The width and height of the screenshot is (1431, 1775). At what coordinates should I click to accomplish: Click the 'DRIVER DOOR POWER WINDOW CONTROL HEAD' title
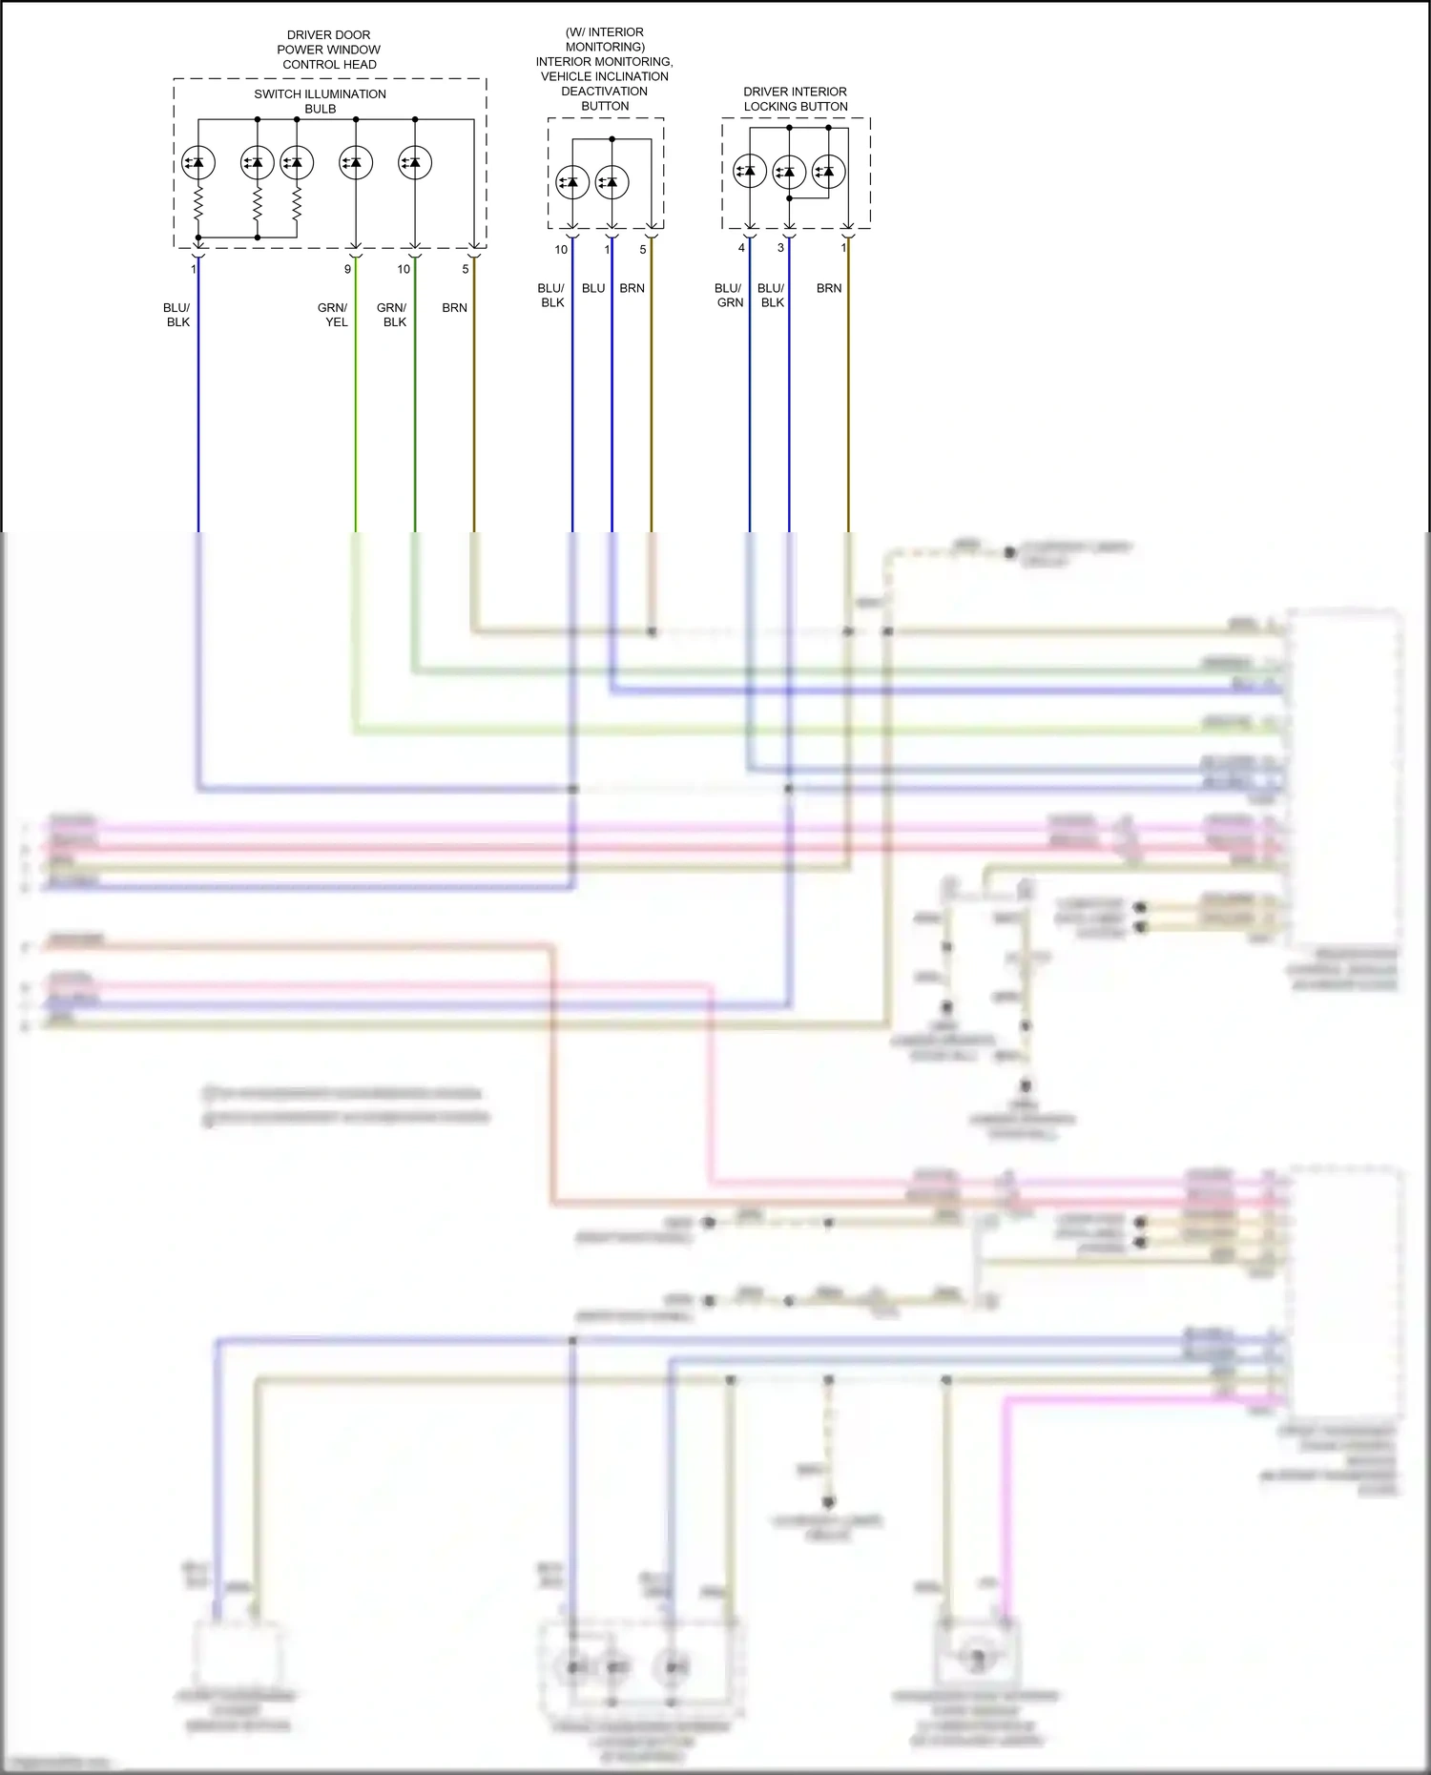[329, 50]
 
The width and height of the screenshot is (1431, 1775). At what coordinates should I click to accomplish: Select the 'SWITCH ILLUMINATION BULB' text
[321, 101]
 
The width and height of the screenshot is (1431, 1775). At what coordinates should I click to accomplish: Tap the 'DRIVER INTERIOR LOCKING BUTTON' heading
[795, 99]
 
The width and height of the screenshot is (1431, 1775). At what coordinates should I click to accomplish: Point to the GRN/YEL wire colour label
[334, 315]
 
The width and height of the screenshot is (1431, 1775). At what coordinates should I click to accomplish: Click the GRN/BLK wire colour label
[392, 315]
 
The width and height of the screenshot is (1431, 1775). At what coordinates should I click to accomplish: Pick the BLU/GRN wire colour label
[729, 295]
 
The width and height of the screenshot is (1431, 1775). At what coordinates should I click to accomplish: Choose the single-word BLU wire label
[593, 288]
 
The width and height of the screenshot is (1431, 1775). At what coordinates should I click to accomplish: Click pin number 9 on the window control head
[347, 269]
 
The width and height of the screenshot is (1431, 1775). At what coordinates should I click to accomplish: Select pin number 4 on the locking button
[741, 248]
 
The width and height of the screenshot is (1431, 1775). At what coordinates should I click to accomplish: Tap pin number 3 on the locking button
[780, 248]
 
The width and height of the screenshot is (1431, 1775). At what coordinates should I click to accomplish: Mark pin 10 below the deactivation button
[561, 250]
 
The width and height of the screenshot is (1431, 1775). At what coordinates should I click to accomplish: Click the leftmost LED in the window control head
[198, 163]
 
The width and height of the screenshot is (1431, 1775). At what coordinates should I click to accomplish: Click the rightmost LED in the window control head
[415, 163]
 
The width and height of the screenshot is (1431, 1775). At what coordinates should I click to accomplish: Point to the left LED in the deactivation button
[572, 182]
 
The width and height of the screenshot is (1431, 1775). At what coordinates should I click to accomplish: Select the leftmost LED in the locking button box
[750, 172]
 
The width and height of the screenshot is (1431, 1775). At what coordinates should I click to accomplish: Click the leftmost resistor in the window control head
[198, 203]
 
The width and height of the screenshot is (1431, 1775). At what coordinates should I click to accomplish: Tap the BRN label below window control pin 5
[455, 308]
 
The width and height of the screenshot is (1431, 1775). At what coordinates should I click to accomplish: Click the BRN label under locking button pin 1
[829, 288]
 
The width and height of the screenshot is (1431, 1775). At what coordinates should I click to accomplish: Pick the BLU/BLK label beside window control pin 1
[177, 315]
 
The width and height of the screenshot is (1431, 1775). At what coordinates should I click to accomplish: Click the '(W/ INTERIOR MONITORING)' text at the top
[605, 39]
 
